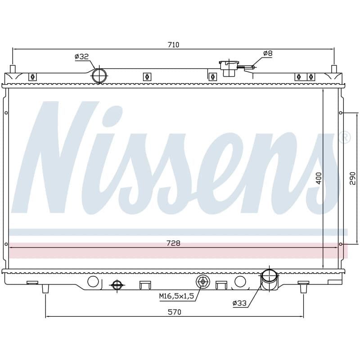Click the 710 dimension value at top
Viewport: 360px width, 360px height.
click(173, 45)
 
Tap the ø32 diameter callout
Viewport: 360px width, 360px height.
click(82, 57)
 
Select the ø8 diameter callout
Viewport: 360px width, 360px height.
click(268, 53)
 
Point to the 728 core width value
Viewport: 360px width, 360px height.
click(173, 243)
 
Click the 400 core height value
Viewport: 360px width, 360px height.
click(319, 178)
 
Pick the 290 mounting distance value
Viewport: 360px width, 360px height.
click(352, 178)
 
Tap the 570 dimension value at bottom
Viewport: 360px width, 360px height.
click(175, 312)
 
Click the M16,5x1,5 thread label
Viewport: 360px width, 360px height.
click(177, 296)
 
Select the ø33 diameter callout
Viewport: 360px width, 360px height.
click(239, 303)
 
